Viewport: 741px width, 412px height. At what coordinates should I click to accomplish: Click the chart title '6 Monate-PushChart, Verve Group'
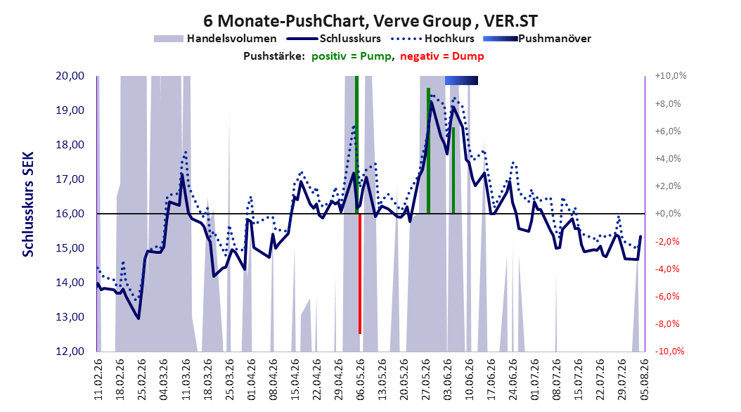point(337,21)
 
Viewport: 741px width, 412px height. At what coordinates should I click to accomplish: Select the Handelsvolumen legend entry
point(216,39)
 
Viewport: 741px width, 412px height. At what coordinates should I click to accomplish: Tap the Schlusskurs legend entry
point(334,39)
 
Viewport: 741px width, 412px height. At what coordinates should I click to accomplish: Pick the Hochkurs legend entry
point(430,39)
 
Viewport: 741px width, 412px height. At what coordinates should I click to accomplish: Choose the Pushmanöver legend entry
point(537,39)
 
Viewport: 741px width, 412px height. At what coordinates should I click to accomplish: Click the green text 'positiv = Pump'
point(352,56)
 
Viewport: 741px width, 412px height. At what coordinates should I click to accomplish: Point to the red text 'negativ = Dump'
point(442,56)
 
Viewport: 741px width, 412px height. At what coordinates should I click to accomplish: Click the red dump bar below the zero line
point(360,274)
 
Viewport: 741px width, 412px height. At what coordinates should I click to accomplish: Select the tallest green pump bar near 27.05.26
point(428,150)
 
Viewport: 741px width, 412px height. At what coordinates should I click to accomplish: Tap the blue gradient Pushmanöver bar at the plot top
point(461,81)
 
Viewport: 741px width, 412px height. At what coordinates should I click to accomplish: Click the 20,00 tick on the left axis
point(70,76)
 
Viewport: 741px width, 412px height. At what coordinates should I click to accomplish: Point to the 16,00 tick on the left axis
point(70,214)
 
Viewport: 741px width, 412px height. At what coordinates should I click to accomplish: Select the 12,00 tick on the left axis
point(70,352)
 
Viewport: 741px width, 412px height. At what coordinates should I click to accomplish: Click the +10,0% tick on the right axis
point(671,76)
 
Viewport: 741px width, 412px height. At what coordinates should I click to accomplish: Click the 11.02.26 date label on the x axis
point(98,380)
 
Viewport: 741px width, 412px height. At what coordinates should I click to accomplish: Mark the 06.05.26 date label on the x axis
point(361,380)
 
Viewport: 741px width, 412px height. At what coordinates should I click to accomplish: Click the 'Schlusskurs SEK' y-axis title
point(28,204)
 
